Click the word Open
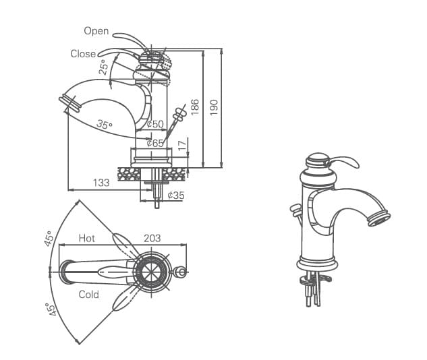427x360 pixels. pos(96,31)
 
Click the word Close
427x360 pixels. pos(83,54)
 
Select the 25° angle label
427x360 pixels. pos(103,67)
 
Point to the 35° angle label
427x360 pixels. pos(104,124)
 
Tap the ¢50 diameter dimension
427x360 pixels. pos(155,124)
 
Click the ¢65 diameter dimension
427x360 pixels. pos(155,143)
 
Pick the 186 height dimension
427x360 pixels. pos(195,107)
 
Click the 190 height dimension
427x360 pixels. pos(215,107)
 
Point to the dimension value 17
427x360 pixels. pos(181,145)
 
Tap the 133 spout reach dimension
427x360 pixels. pos(101,183)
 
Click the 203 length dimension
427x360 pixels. pos(152,239)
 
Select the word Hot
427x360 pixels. pos(87,239)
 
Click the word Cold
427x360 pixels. pos(88,295)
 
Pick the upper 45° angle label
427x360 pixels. pos(49,239)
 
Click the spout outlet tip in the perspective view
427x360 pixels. pos(380,219)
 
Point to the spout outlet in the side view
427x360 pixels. pos(69,103)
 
